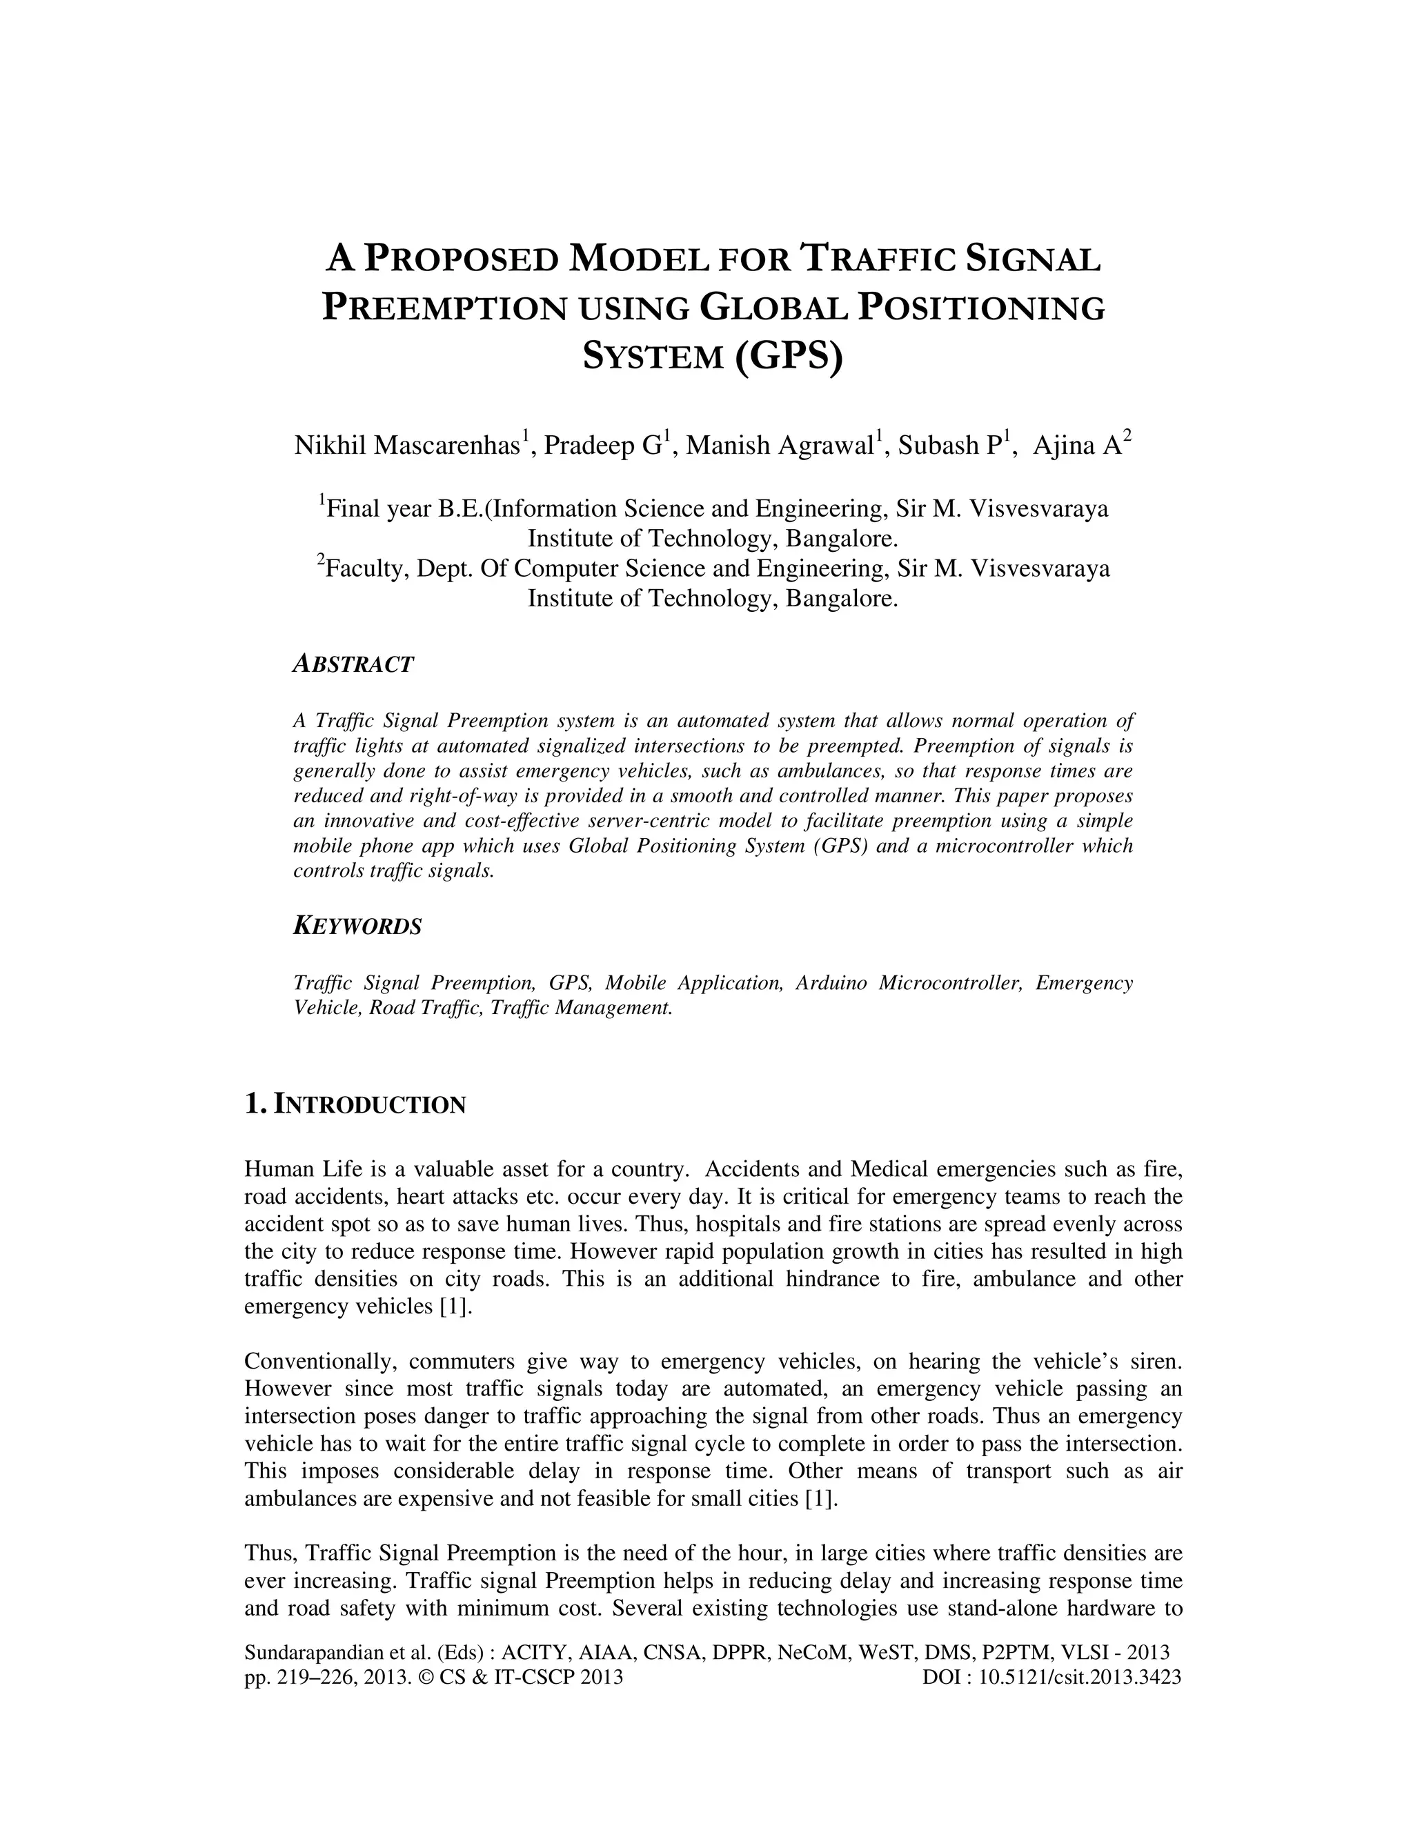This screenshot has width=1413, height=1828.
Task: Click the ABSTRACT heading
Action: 353,664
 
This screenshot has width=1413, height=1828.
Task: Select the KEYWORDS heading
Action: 357,926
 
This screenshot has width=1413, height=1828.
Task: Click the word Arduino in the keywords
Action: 831,982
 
